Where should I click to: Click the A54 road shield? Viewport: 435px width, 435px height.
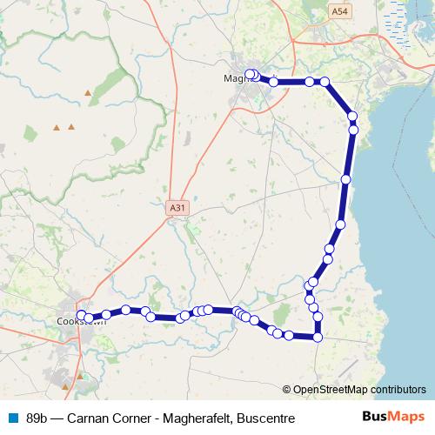click(x=340, y=10)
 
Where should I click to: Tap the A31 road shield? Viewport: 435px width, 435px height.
click(x=177, y=208)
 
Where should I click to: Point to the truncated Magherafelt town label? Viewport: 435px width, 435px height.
click(x=235, y=77)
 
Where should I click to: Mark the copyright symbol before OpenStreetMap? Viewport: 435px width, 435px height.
click(x=287, y=390)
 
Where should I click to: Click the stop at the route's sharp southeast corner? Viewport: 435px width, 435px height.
click(x=318, y=338)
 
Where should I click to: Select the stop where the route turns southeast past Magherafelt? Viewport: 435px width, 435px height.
click(x=325, y=82)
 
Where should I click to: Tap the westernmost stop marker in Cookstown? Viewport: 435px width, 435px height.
click(x=82, y=315)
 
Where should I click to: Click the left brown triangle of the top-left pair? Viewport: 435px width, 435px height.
click(x=57, y=127)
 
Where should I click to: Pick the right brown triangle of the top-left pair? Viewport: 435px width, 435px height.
click(x=71, y=127)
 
